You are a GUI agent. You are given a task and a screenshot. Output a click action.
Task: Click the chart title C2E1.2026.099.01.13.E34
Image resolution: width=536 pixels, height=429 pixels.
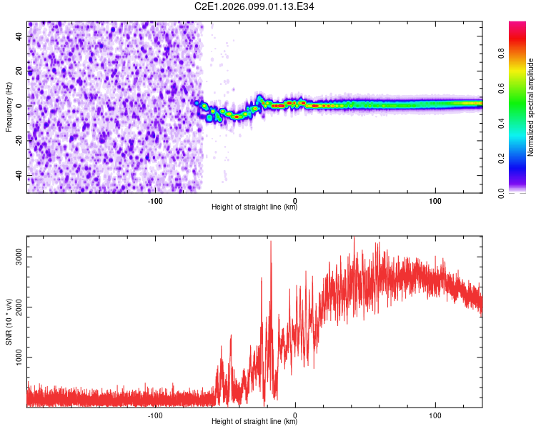click(x=254, y=6)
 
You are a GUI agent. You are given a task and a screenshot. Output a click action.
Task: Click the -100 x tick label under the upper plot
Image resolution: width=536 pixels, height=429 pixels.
click(x=155, y=200)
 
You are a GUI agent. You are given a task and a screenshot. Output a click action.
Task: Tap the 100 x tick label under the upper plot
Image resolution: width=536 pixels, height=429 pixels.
click(x=435, y=200)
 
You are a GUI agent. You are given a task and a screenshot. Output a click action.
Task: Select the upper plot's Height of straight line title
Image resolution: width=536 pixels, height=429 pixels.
click(x=254, y=208)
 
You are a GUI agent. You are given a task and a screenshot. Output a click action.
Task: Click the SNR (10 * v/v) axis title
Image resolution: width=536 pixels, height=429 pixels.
click(x=9, y=321)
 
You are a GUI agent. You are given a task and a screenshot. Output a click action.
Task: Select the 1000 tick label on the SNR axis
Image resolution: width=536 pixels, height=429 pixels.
click(x=19, y=357)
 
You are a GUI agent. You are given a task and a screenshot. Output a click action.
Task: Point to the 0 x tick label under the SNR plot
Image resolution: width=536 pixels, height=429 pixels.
click(x=295, y=415)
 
